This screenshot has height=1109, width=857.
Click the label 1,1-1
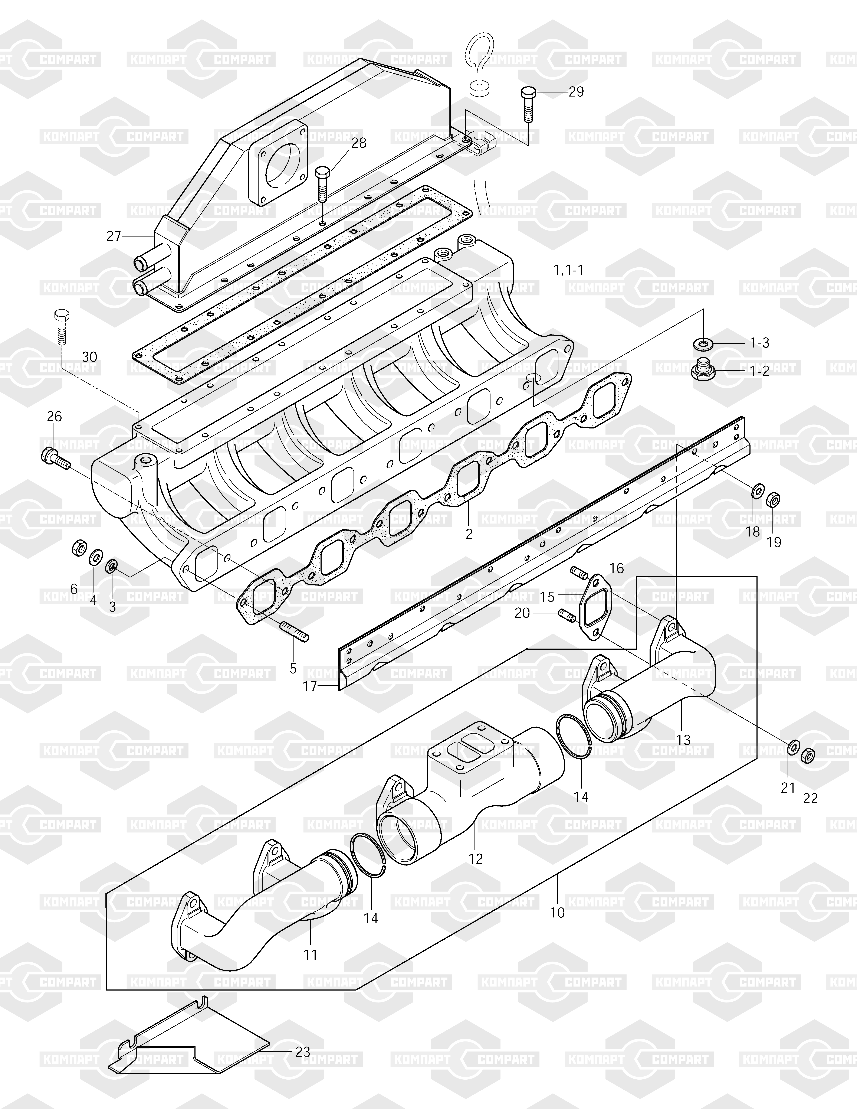coord(568,270)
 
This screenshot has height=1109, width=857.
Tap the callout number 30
coord(89,357)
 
